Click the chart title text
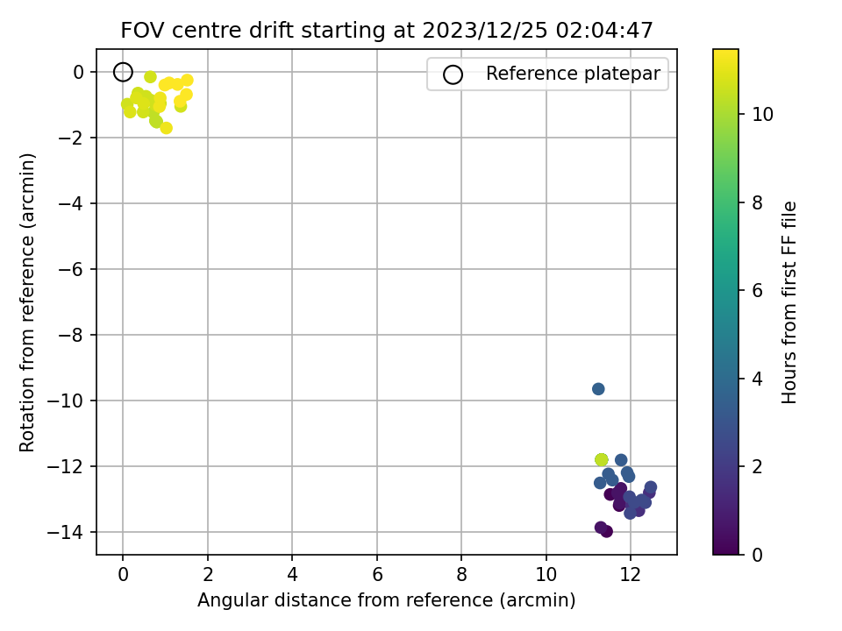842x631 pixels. (x=387, y=30)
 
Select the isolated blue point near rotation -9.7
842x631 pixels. (x=598, y=389)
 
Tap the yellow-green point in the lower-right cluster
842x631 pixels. (x=602, y=460)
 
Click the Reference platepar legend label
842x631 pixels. (x=573, y=74)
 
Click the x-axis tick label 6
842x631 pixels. (x=377, y=575)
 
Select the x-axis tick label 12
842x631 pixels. (x=631, y=575)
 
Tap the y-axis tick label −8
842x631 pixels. (x=71, y=335)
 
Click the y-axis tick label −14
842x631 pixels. (x=66, y=532)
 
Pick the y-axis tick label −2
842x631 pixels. (x=71, y=138)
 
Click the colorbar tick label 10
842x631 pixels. (x=762, y=114)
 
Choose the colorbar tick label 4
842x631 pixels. (x=757, y=379)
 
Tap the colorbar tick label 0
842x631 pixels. (x=757, y=555)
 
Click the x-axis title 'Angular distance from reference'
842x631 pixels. (x=346, y=599)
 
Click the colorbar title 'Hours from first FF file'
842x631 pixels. (x=788, y=302)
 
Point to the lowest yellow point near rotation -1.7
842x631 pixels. (x=166, y=128)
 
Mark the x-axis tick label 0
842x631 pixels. (x=123, y=575)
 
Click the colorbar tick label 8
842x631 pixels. (x=757, y=202)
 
